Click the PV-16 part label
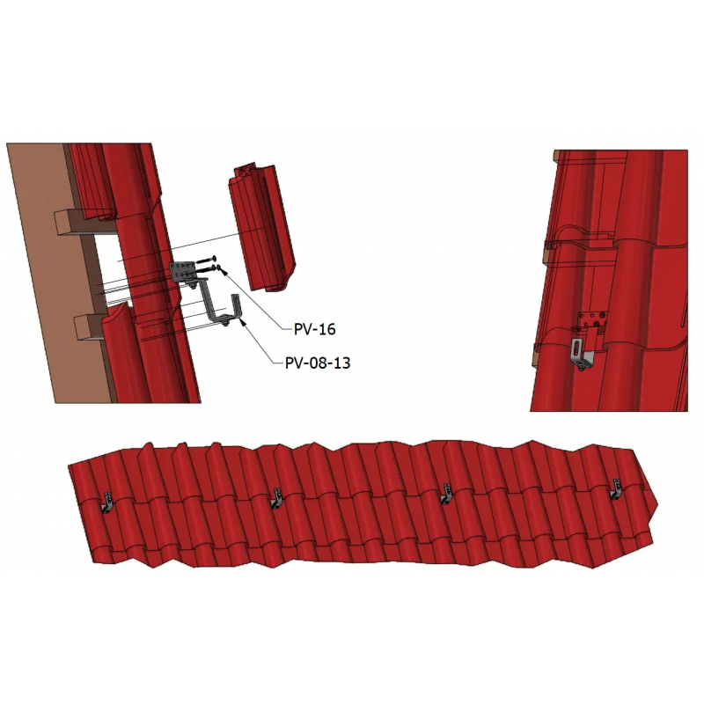tap(315, 329)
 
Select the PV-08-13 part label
tap(318, 363)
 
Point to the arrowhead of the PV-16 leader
tap(221, 270)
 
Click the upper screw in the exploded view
tap(206, 260)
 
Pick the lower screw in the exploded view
tap(208, 268)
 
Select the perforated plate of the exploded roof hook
tap(182, 271)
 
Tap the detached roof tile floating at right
tap(261, 228)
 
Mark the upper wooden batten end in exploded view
tap(68, 224)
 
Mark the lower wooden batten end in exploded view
tap(86, 326)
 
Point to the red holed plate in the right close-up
tap(592, 319)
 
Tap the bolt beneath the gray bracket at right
tap(581, 368)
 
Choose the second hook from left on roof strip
tap(275, 497)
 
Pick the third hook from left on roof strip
tap(445, 494)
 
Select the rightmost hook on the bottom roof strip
tap(614, 489)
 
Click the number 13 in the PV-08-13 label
tap(341, 363)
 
